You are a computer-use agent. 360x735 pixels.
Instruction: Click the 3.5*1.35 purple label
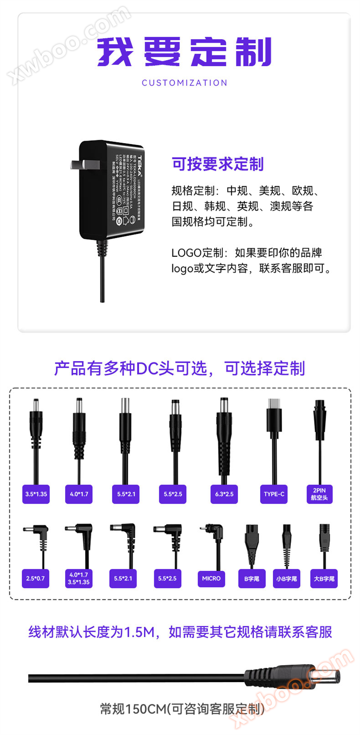(36, 494)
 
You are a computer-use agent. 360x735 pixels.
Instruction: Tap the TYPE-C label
(274, 494)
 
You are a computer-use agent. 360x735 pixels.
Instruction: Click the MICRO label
(211, 578)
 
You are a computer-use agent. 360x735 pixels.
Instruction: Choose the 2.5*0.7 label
(35, 578)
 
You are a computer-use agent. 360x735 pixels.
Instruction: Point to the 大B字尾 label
(324, 579)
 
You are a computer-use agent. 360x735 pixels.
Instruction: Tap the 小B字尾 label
(286, 579)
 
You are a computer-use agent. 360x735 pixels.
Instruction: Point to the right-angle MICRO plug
(213, 532)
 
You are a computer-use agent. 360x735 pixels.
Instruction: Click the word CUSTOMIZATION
(185, 83)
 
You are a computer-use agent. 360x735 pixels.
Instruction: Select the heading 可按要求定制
(217, 164)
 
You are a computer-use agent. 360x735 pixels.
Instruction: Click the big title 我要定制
(184, 51)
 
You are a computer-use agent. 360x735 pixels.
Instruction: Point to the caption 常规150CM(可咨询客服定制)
(182, 709)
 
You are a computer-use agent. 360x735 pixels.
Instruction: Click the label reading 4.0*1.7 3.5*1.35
(79, 578)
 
